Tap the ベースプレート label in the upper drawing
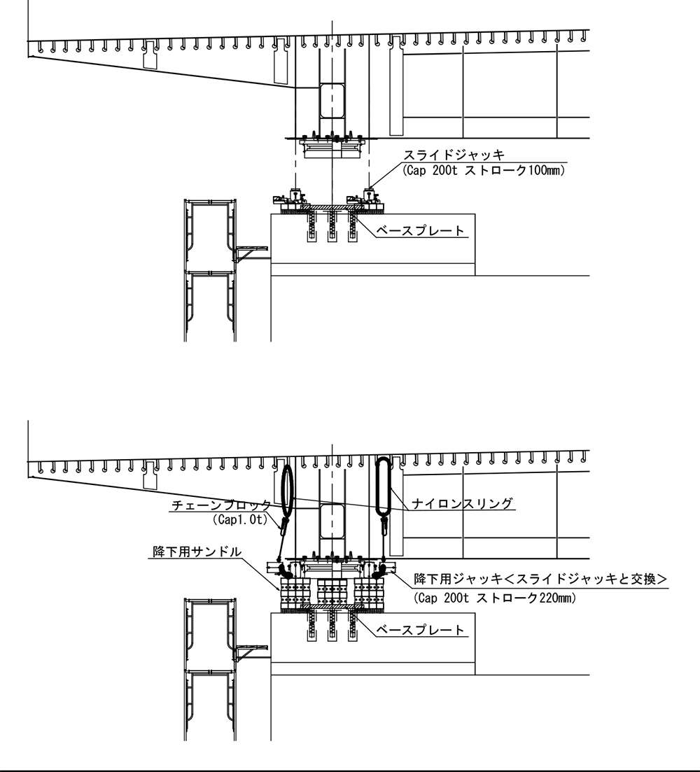coord(421,230)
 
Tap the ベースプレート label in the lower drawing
coord(421,630)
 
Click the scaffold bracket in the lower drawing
coord(251,652)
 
